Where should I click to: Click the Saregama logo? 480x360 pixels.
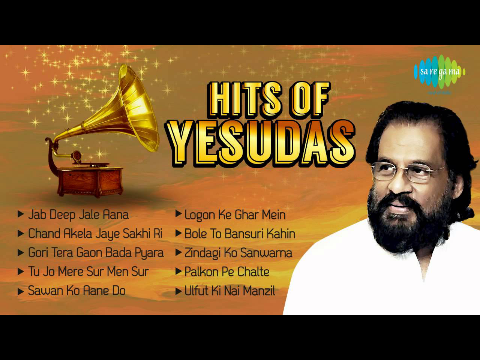pos(440,71)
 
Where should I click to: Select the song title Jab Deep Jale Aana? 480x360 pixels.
pos(79,214)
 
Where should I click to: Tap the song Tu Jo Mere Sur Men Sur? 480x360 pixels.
pos(85,271)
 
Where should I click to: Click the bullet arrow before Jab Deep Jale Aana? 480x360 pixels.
pos(21,214)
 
